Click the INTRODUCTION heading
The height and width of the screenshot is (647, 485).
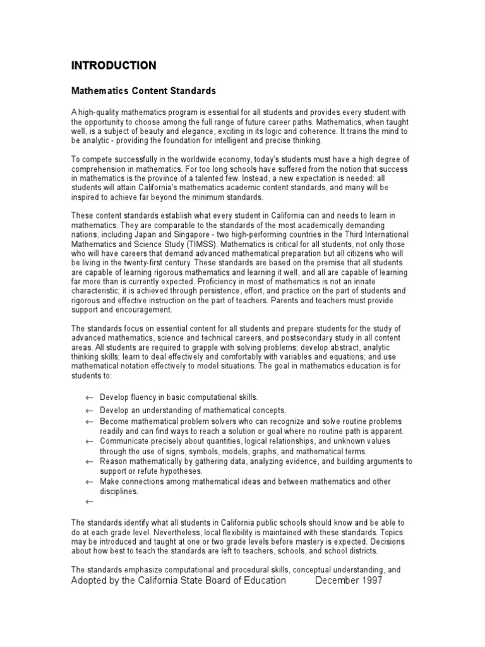pos(113,66)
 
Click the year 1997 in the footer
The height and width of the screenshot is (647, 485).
pos(368,580)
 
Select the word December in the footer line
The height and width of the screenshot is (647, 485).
pos(334,580)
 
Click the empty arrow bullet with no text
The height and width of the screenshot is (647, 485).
pos(89,502)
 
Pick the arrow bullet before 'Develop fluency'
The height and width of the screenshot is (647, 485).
pos(89,397)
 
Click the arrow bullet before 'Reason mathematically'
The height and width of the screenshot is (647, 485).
pos(89,462)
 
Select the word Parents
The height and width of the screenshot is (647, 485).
pos(284,301)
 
